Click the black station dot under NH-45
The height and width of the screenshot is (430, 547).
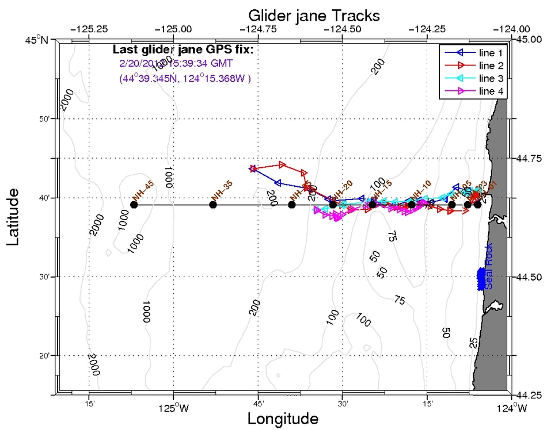(x=134, y=205)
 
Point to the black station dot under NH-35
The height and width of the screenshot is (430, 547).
(x=213, y=205)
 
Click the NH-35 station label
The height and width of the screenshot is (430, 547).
(x=222, y=190)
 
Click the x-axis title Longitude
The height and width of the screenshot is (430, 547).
(x=283, y=419)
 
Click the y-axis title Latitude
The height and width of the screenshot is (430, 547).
(x=16, y=219)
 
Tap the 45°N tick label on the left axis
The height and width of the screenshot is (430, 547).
(x=37, y=40)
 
